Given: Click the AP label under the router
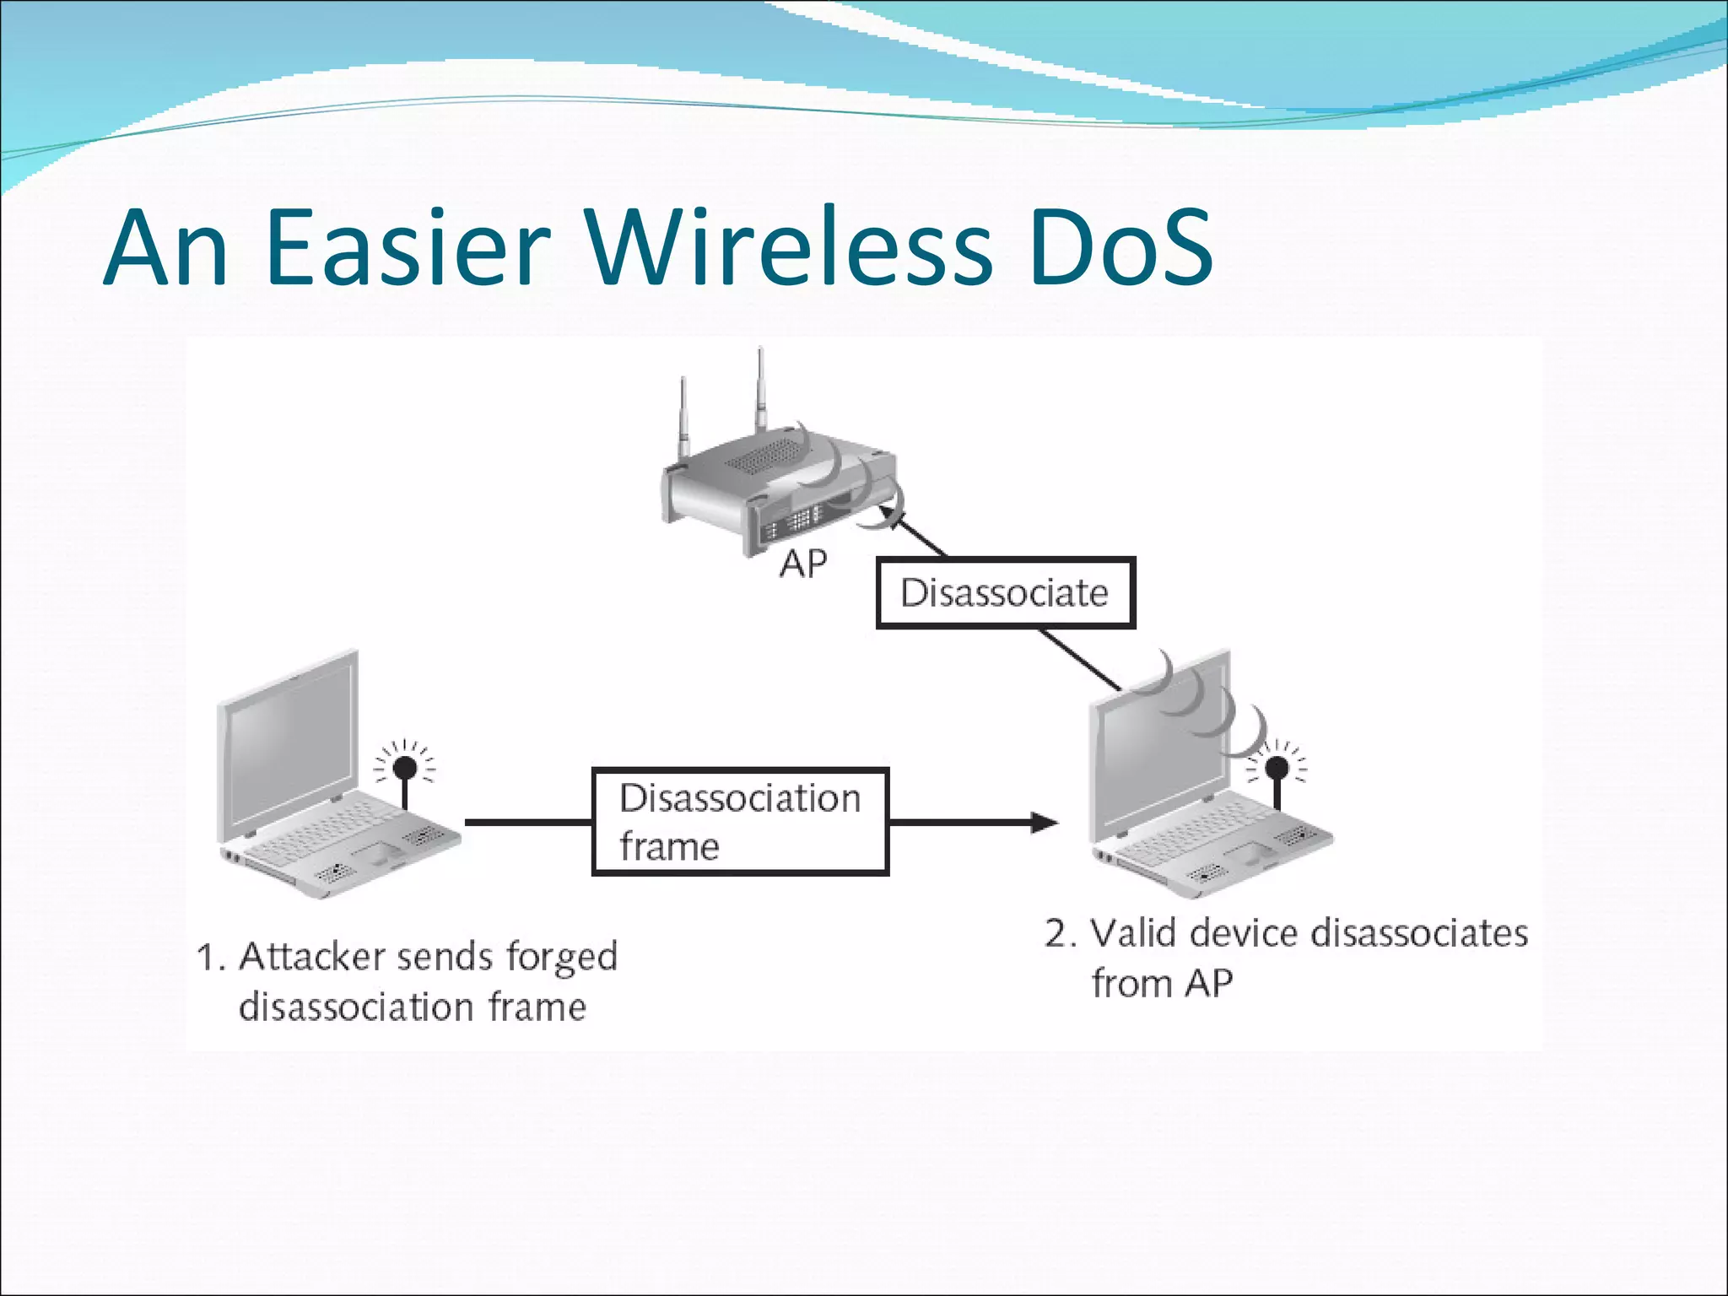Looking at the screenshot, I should pos(802,564).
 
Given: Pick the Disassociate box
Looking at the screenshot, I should pos(1005,592).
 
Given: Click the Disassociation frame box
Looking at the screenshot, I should pos(740,822).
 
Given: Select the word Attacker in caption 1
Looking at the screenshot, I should pos(311,957).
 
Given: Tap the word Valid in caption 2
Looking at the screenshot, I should pos(1134,933).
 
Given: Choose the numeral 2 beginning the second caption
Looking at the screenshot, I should pos(1056,933).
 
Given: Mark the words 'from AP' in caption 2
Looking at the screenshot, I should pos(1161,984).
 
